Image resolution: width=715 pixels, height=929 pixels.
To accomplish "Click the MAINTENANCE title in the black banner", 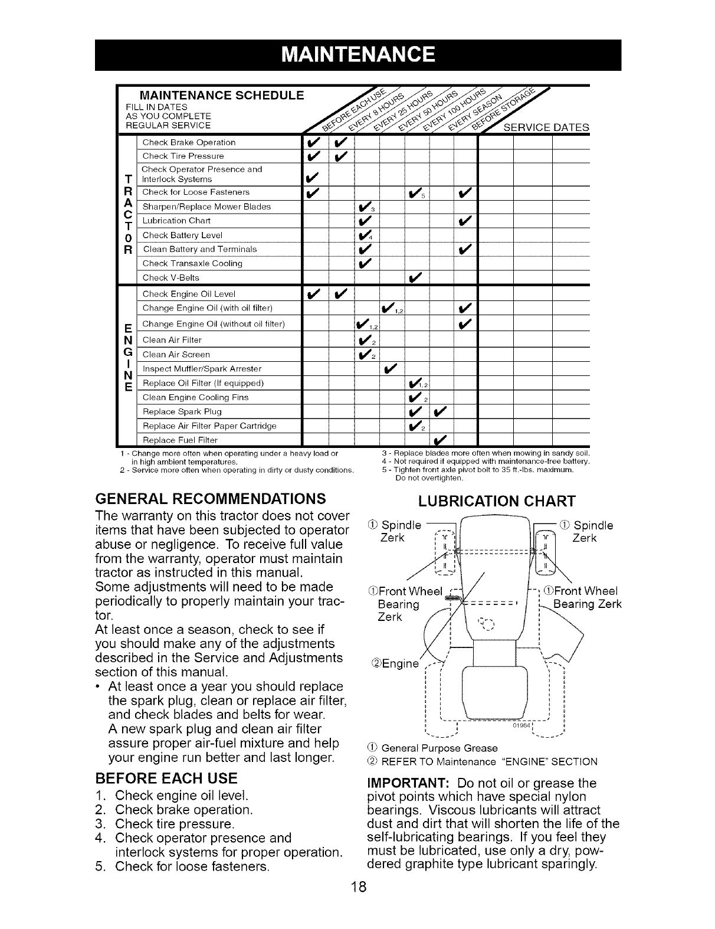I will click(x=358, y=54).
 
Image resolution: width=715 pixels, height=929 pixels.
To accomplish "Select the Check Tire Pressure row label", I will click(x=183, y=156).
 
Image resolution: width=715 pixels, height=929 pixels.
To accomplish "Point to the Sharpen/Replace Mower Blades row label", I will click(x=206, y=207).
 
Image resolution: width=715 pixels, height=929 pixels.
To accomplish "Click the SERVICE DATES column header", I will click(x=547, y=127).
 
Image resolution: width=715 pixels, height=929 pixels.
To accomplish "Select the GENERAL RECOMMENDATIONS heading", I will click(x=211, y=498).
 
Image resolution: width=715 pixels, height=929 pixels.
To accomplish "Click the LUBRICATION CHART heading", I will click(x=496, y=502).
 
